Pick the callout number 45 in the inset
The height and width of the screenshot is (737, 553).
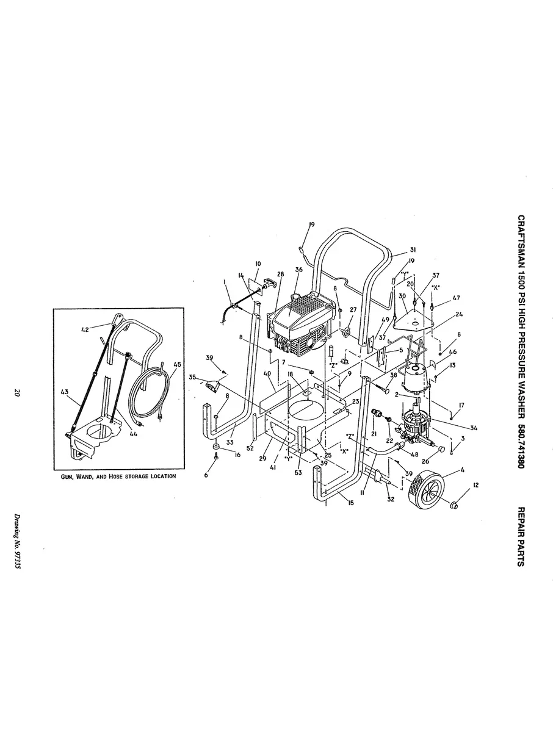point(176,365)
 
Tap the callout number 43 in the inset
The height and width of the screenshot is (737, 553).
point(65,392)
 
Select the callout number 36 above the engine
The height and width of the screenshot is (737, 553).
point(298,270)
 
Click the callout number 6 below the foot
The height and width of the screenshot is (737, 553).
point(206,475)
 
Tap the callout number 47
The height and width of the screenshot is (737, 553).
point(457,298)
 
